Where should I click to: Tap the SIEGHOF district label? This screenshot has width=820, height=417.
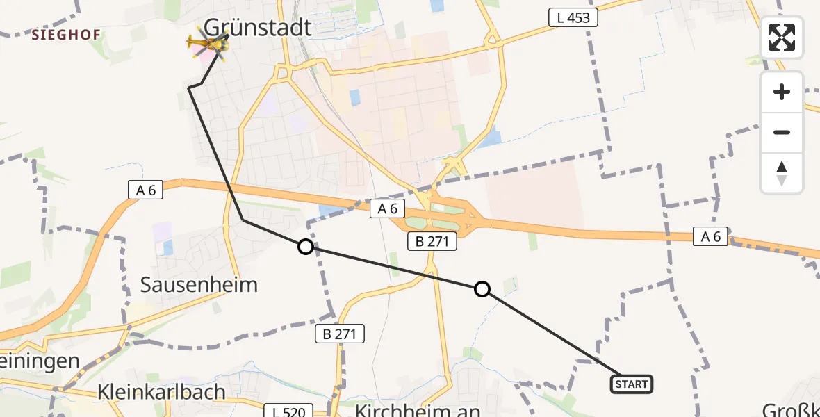tap(66, 34)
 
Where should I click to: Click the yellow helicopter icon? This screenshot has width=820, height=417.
tap(207, 44)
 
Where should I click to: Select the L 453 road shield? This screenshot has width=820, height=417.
tap(573, 18)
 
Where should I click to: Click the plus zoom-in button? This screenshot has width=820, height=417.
tap(782, 92)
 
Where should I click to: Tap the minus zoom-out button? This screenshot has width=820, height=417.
tap(782, 132)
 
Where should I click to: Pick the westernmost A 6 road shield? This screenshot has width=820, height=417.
tap(146, 189)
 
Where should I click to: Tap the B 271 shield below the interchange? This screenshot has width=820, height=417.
tap(432, 241)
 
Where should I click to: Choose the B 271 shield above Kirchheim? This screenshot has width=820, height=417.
tap(340, 334)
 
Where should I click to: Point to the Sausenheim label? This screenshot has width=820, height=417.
tap(199, 284)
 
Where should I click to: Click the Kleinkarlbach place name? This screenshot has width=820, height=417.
tap(162, 391)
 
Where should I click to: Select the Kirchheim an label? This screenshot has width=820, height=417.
tap(417, 410)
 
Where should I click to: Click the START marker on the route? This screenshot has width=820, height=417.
tap(631, 384)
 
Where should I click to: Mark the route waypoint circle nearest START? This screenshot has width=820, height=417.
tap(482, 289)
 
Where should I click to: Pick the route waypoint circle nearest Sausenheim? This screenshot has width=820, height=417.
tap(305, 246)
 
